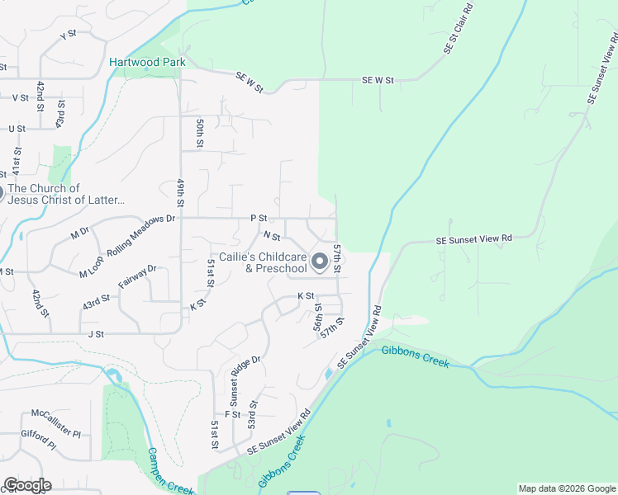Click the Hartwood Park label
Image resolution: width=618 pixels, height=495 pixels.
tap(147, 62)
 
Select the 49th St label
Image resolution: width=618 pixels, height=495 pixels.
tap(179, 192)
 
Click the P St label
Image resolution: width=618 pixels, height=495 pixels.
tap(259, 219)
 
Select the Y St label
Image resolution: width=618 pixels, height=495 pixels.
tap(68, 35)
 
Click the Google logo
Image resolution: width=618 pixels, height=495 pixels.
tap(27, 485)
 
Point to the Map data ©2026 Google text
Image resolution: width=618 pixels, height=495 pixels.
tap(566, 488)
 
